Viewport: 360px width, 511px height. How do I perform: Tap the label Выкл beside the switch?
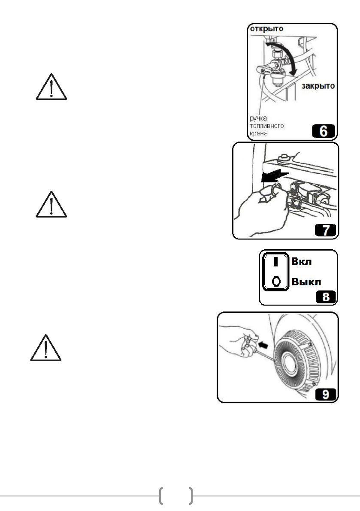pyautogui.click(x=307, y=281)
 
